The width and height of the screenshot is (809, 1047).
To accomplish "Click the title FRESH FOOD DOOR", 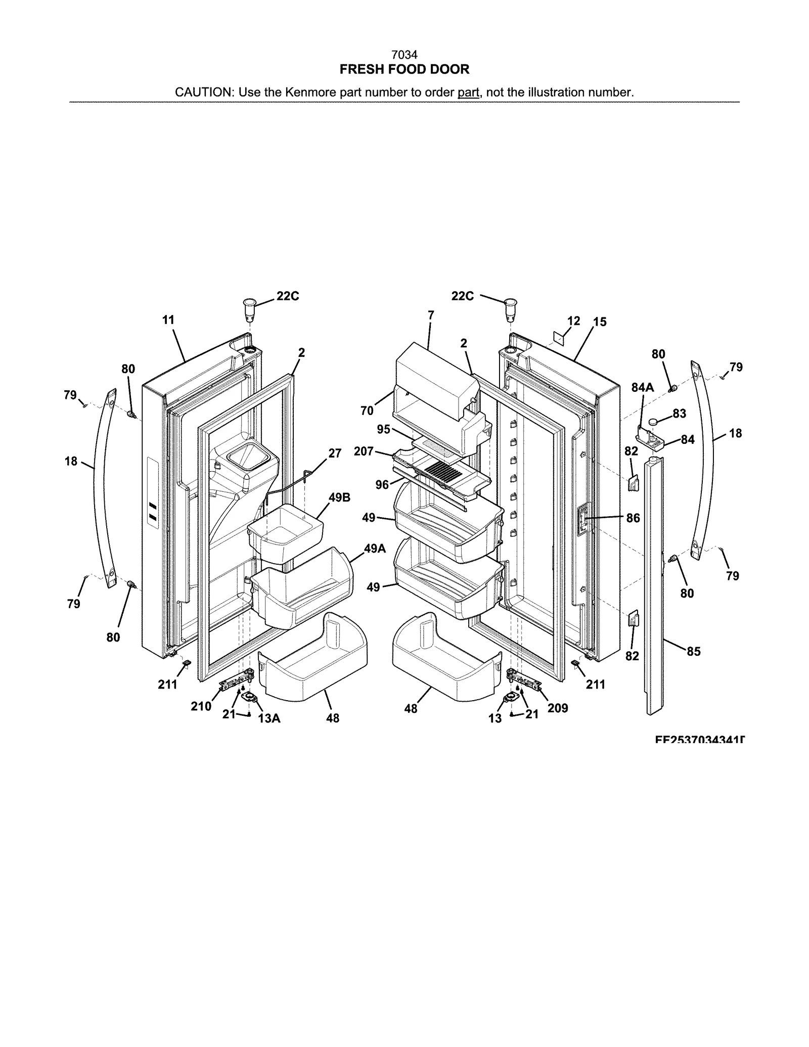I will click(x=404, y=69).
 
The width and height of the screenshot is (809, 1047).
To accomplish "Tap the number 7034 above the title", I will click(x=404, y=55).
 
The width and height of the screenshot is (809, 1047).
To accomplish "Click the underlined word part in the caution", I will click(x=468, y=93).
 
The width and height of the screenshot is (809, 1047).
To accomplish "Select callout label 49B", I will click(x=339, y=497).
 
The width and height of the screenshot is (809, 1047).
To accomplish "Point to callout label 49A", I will click(x=375, y=549).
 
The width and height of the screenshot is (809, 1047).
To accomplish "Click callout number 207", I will click(x=364, y=451).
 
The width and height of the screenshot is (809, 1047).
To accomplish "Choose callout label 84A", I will click(x=642, y=388).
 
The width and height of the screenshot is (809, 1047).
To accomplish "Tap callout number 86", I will click(x=633, y=518).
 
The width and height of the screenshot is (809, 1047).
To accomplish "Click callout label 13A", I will click(x=269, y=718).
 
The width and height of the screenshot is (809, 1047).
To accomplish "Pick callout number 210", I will click(x=201, y=706).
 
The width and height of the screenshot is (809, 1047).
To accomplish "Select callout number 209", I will click(x=558, y=708).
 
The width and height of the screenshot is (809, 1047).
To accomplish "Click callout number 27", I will click(x=335, y=453).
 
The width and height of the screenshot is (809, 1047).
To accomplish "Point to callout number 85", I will click(x=693, y=652).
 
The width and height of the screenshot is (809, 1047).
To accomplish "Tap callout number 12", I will click(x=573, y=321).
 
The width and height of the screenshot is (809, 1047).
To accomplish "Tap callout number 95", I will click(x=384, y=429).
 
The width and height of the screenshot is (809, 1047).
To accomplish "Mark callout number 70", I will click(x=367, y=411).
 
